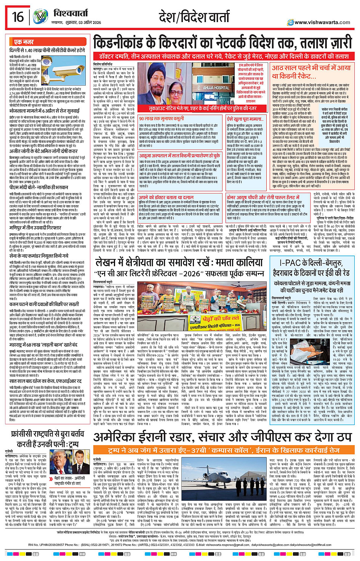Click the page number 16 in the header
click(x=18, y=17)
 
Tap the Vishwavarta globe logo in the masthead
click(x=40, y=17)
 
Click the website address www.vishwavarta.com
click(x=322, y=22)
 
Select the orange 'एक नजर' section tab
click(x=24, y=42)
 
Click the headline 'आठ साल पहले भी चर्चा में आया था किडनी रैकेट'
click(x=311, y=72)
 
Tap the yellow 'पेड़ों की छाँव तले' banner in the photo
click(x=221, y=318)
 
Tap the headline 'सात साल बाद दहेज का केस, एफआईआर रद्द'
click(x=45, y=380)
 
